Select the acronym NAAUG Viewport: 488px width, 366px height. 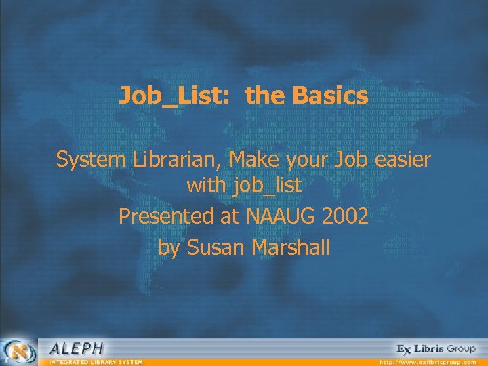(282, 218)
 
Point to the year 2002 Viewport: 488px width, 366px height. (346, 218)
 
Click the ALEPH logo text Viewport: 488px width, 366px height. (77, 348)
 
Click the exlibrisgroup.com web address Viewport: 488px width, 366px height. (427, 362)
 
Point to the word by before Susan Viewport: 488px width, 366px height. (169, 247)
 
